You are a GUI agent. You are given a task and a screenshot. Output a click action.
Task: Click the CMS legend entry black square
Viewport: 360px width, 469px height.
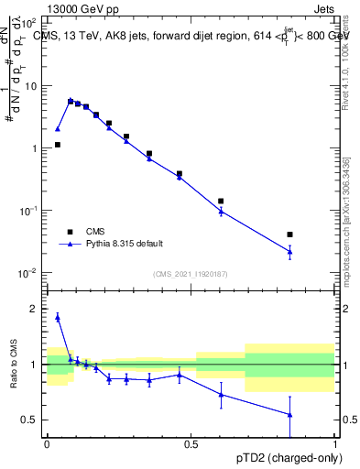coord(70,232)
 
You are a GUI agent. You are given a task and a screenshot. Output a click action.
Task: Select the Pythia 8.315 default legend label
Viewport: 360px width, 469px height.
coord(125,244)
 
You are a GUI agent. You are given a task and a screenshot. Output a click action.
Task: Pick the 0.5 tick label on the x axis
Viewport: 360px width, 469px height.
coord(191,444)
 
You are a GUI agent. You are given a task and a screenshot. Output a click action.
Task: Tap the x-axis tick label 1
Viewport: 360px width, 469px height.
coord(335,444)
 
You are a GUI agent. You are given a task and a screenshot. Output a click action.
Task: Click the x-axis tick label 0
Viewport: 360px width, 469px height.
coord(47,444)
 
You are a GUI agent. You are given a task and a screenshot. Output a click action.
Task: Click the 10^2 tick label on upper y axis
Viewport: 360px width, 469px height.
coord(28,23)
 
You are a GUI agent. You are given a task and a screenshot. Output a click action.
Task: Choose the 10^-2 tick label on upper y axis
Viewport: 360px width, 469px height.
coord(28,273)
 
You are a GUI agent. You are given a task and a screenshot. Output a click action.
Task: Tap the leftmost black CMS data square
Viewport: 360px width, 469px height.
coord(58,145)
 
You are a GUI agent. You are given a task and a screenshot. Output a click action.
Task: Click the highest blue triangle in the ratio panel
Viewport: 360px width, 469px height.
coord(58,317)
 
